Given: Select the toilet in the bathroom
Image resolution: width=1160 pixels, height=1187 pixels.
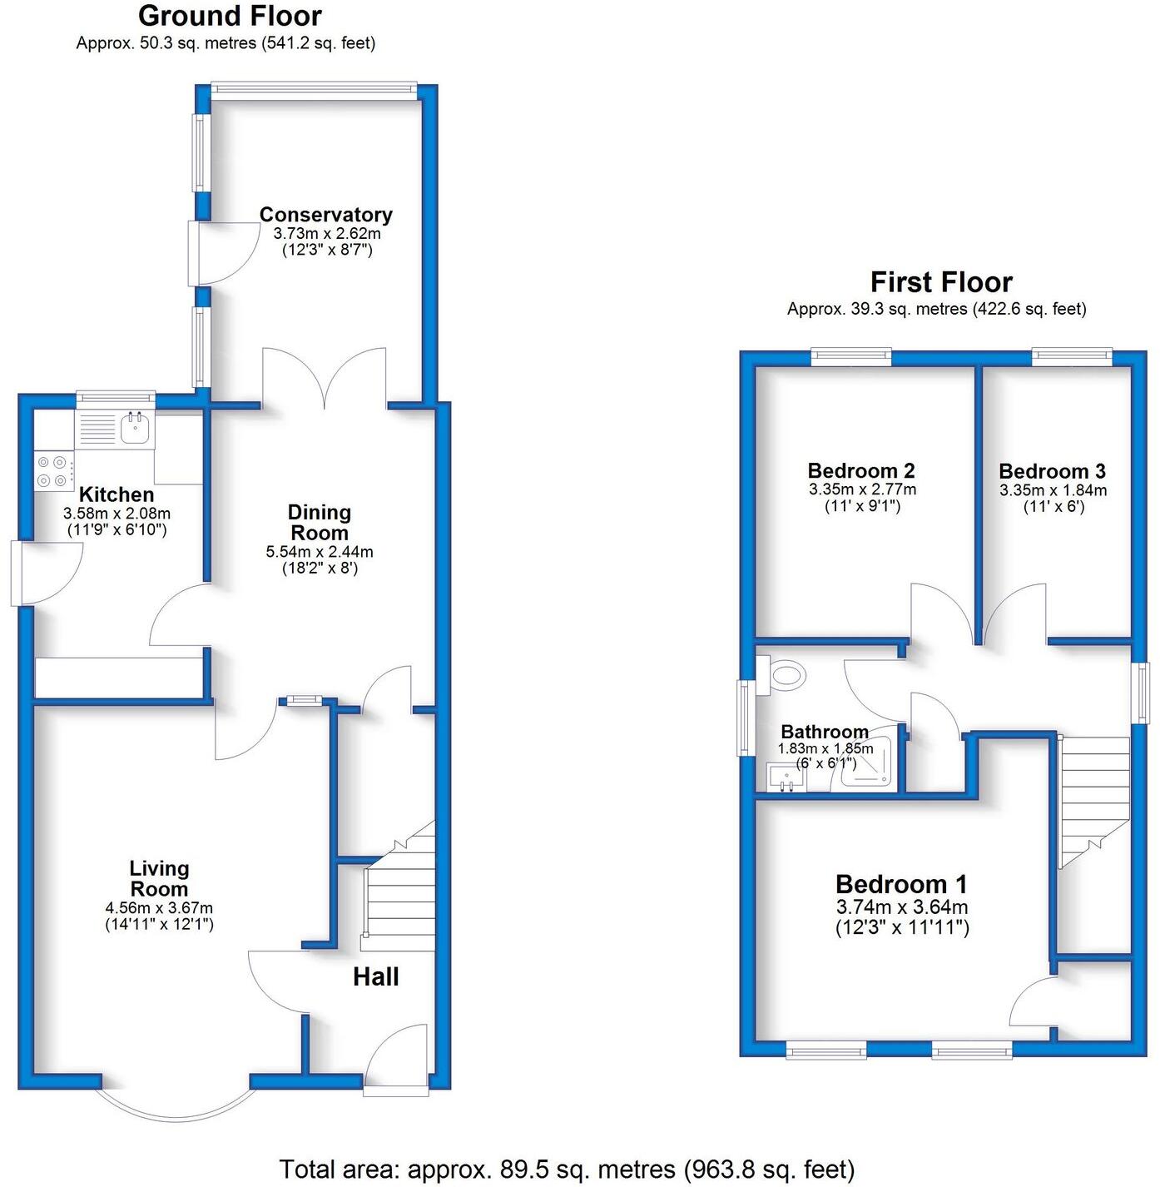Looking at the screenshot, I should pyautogui.click(x=786, y=674).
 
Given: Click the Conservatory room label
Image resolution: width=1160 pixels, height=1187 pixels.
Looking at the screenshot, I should pyautogui.click(x=325, y=215).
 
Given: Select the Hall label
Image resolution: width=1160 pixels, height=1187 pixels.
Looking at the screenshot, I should pyautogui.click(x=375, y=976).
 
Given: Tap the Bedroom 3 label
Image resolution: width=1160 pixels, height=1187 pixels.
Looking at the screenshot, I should pyautogui.click(x=1053, y=471).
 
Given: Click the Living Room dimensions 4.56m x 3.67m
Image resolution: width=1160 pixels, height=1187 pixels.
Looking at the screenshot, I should pyautogui.click(x=159, y=908).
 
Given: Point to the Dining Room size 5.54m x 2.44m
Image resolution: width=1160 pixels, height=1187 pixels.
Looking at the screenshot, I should pyautogui.click(x=320, y=551).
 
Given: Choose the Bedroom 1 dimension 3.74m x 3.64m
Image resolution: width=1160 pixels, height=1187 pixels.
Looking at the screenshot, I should pyautogui.click(x=902, y=907).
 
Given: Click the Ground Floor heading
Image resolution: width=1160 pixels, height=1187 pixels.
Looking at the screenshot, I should pyautogui.click(x=230, y=16).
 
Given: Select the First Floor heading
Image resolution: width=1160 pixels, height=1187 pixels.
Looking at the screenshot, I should pyautogui.click(x=941, y=282).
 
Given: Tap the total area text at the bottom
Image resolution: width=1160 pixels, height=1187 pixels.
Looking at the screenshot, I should pyautogui.click(x=567, y=1170).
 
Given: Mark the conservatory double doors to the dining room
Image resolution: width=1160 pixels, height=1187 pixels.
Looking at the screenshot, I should pyautogui.click(x=325, y=379).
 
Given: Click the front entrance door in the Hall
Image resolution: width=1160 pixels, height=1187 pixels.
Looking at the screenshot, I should pyautogui.click(x=396, y=1057).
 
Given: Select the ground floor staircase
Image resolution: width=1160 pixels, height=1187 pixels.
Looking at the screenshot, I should pyautogui.click(x=400, y=899).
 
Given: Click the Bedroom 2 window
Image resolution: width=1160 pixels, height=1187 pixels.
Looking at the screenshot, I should pyautogui.click(x=851, y=356).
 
